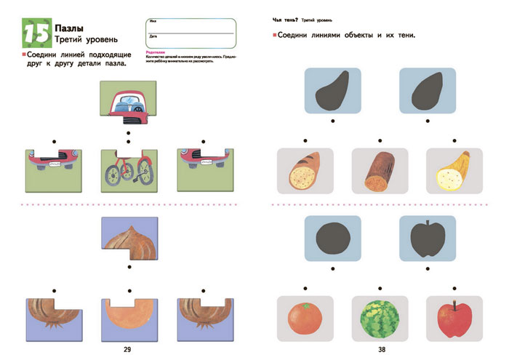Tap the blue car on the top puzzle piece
pos(129,103)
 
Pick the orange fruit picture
pos(305,318)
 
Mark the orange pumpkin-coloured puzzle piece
pos(128,318)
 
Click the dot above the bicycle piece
pos(129,134)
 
